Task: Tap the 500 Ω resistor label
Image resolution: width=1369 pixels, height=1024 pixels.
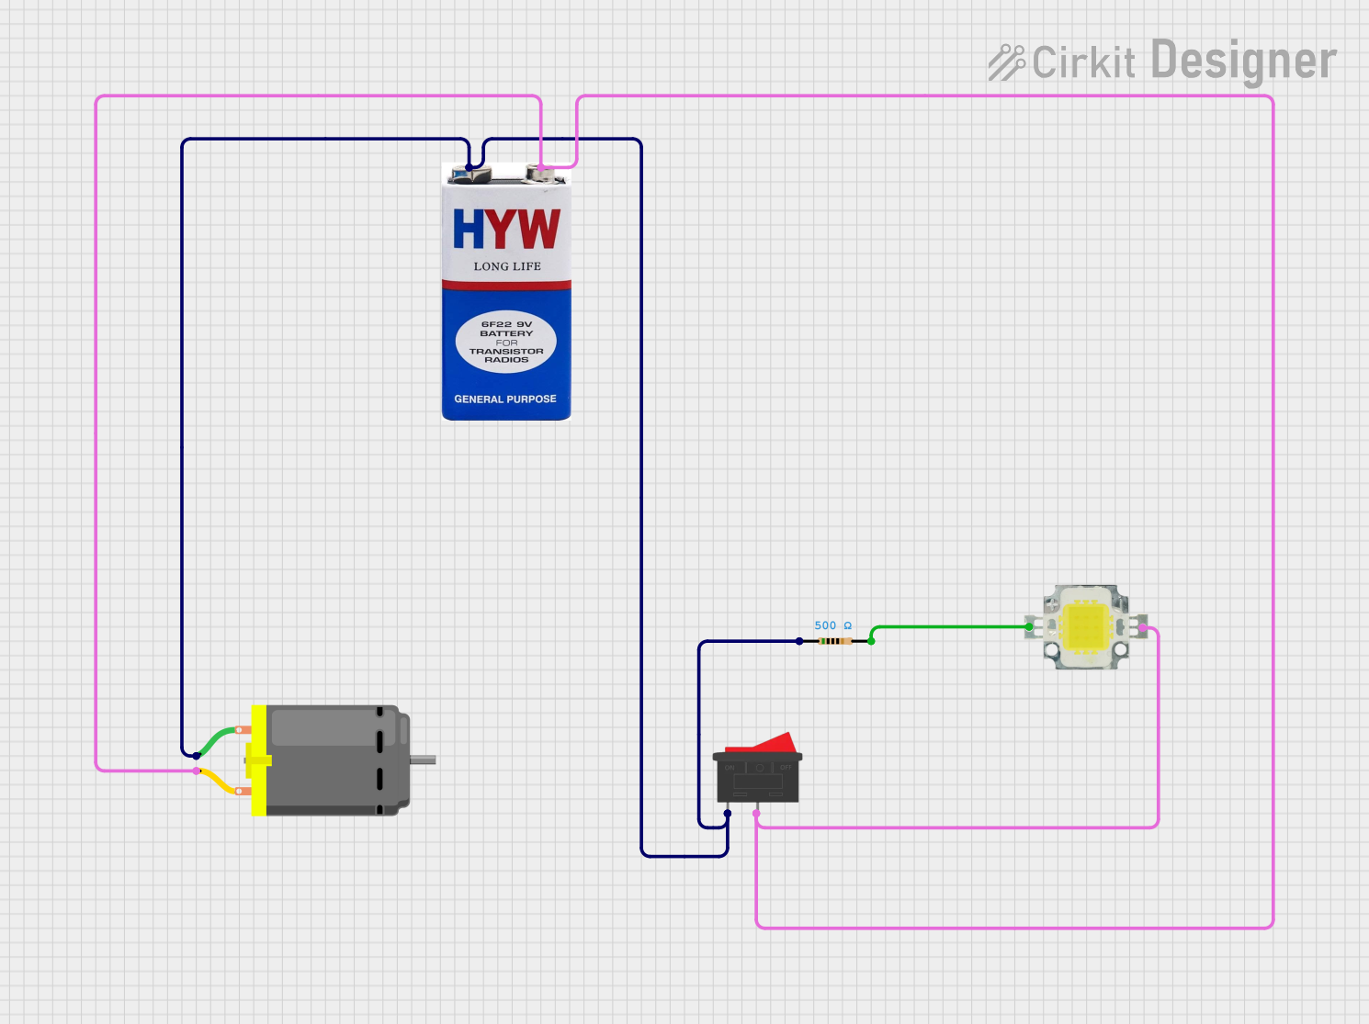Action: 832,625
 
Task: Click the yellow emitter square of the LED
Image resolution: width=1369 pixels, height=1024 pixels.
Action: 1085,627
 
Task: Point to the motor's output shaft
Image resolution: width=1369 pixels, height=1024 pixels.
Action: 423,760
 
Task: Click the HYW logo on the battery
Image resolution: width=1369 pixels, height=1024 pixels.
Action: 506,229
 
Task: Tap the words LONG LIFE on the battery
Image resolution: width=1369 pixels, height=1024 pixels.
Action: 507,266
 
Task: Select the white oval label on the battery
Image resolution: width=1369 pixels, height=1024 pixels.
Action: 506,342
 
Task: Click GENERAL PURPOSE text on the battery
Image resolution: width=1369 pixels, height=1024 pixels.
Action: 505,399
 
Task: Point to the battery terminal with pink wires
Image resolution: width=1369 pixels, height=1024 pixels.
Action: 542,172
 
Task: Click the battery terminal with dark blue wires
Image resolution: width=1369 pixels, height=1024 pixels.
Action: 470,172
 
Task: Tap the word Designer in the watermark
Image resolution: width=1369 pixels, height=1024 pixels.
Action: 1243,61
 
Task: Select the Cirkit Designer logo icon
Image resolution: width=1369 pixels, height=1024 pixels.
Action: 1006,62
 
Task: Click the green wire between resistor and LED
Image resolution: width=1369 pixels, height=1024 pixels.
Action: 951,627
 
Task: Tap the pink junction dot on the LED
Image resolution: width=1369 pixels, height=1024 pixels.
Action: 1142,628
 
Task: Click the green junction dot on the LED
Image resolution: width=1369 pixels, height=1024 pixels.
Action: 1029,627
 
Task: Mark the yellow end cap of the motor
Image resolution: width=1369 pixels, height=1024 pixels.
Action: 258,760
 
